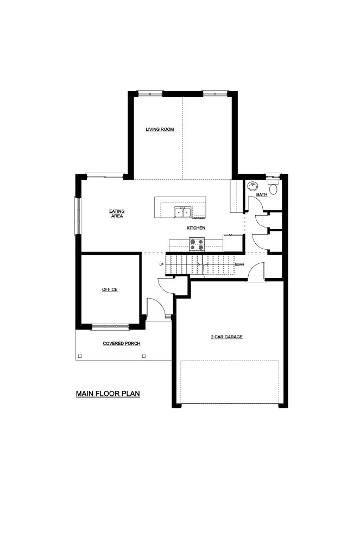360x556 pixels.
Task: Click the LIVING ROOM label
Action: click(x=160, y=129)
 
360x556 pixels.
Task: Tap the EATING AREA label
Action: click(x=117, y=213)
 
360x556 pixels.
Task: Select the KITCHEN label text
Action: click(x=196, y=228)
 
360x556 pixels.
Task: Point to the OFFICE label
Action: click(x=110, y=289)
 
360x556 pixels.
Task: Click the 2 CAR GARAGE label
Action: click(x=226, y=337)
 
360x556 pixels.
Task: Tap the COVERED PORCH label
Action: click(x=121, y=344)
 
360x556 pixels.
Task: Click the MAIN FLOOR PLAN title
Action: click(x=108, y=394)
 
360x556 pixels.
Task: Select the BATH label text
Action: click(x=262, y=195)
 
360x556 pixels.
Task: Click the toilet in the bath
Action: click(x=273, y=187)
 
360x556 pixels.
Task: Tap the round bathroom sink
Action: click(x=253, y=186)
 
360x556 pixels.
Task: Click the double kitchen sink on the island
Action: click(x=182, y=212)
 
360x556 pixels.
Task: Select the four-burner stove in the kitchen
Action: click(x=197, y=244)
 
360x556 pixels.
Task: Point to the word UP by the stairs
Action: click(x=161, y=264)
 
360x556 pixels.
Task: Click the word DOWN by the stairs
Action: click(x=239, y=264)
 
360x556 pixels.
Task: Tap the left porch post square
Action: click(x=80, y=356)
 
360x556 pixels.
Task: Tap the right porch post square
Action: click(x=144, y=356)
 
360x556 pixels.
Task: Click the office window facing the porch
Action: click(x=110, y=326)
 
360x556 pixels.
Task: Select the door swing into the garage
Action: click(x=256, y=271)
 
